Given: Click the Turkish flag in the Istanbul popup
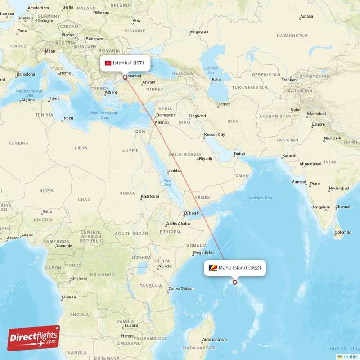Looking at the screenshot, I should tap(108, 63).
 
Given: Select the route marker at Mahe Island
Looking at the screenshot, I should tap(234, 282).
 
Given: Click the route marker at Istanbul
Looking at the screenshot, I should tap(125, 77).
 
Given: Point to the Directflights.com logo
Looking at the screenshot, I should tap(34, 338).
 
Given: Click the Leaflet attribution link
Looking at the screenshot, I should tap(350, 356).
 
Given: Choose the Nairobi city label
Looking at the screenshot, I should tap(165, 266).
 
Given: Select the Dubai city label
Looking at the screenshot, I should tap(239, 154).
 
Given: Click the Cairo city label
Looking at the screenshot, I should tap(140, 132).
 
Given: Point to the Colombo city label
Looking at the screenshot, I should tap(342, 232).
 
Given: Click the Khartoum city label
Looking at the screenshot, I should tap(150, 196).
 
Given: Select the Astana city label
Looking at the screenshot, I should tap(306, 16).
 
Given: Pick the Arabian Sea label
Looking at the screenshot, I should tap(260, 198).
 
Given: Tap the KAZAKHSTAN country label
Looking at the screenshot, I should tap(292, 35).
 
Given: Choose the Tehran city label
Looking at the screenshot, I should tap(224, 104).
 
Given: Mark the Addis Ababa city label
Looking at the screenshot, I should tap(178, 224).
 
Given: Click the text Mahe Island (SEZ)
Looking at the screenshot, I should tap(239, 268).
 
